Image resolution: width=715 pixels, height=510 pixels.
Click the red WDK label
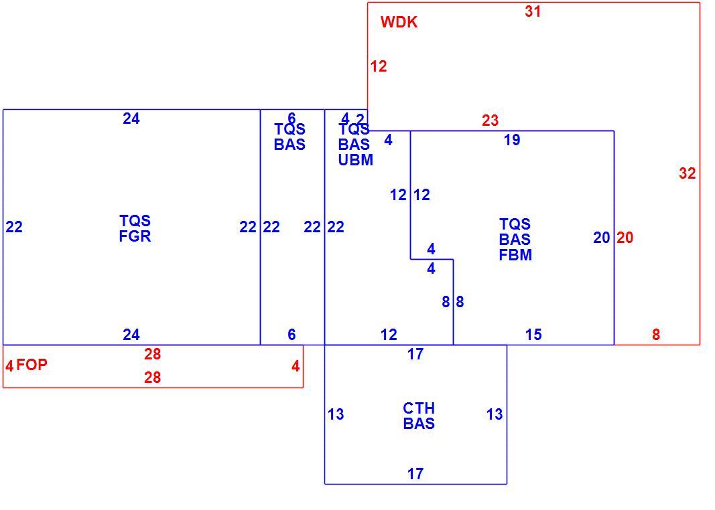click(x=399, y=22)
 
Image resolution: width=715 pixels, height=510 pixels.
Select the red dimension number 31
click(x=533, y=11)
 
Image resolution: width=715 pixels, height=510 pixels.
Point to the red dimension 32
click(x=687, y=173)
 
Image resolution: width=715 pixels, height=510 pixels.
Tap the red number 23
click(x=491, y=120)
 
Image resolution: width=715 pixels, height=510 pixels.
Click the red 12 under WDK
click(x=379, y=66)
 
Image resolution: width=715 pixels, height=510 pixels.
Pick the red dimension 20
click(x=625, y=238)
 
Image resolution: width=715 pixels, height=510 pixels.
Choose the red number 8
click(x=656, y=335)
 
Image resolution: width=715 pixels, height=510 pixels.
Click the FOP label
click(x=32, y=365)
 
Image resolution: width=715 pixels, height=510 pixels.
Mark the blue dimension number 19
click(x=512, y=140)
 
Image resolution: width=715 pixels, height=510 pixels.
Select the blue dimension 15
click(x=533, y=335)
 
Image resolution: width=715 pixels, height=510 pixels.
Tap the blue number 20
click(x=602, y=238)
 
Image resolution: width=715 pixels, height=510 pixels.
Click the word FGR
click(x=135, y=236)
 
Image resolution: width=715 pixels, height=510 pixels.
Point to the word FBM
click(x=515, y=255)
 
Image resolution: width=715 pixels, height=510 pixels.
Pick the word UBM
click(x=356, y=160)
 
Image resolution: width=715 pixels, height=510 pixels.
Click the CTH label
click(x=419, y=408)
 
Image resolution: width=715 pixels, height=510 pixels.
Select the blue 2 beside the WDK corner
click(x=361, y=119)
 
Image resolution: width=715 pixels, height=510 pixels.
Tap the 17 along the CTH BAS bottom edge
click(x=415, y=474)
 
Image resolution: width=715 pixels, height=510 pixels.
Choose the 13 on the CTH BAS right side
click(x=495, y=414)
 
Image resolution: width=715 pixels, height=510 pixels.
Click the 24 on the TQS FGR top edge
click(x=131, y=119)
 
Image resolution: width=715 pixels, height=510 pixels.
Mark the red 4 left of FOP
click(x=9, y=365)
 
